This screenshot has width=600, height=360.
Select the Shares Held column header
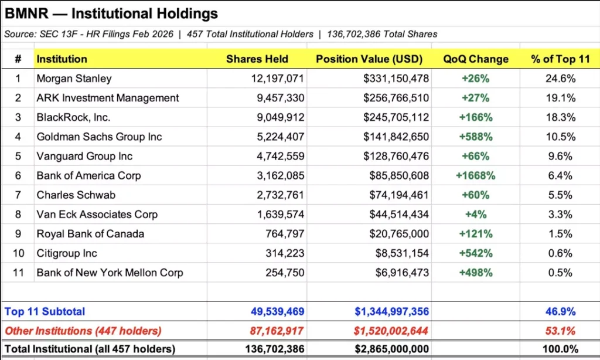(x=257, y=59)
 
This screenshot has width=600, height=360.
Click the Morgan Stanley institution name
(x=74, y=79)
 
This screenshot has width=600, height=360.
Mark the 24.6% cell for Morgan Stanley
(x=561, y=79)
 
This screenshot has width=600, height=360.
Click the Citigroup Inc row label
(x=67, y=253)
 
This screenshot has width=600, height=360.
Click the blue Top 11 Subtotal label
(x=45, y=312)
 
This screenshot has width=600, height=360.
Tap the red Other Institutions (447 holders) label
(x=83, y=331)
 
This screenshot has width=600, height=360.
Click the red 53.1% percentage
(x=561, y=331)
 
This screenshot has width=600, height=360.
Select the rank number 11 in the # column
(x=18, y=273)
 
